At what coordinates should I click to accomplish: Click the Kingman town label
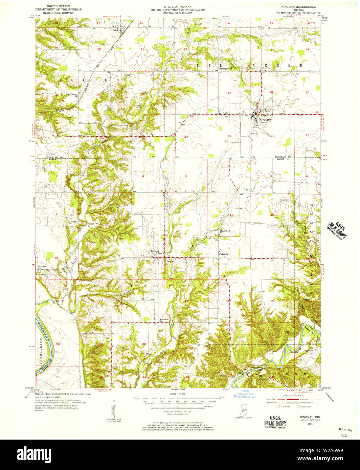pyautogui.click(x=265, y=119)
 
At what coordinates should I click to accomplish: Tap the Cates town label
pyautogui.click(x=115, y=30)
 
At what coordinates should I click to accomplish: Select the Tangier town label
pyautogui.click(x=170, y=261)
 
